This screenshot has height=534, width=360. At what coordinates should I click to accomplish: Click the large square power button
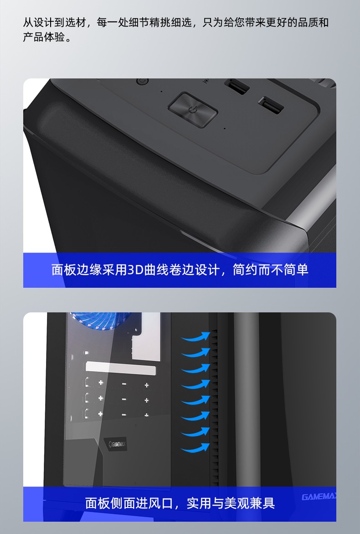tap(193, 109)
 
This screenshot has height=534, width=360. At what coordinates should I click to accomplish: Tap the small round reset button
tap(142, 81)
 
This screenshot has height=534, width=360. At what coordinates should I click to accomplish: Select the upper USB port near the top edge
tap(237, 86)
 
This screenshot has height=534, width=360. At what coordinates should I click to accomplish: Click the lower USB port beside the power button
tap(271, 105)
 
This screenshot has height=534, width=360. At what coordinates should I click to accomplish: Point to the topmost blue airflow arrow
tap(195, 337)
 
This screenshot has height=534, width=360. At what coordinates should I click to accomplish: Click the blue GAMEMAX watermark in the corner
tap(319, 497)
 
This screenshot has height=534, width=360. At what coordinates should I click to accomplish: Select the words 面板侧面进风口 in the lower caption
tap(129, 503)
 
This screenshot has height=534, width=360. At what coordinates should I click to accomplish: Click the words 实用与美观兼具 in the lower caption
tap(231, 503)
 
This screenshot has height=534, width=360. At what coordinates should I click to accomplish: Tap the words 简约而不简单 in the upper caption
tap(271, 270)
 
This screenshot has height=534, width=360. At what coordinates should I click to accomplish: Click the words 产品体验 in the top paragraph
tap(44, 37)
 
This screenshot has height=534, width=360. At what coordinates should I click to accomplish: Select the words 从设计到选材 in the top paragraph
tap(54, 22)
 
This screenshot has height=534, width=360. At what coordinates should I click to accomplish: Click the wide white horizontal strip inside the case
tap(121, 368)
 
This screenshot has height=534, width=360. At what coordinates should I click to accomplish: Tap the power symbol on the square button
tap(193, 109)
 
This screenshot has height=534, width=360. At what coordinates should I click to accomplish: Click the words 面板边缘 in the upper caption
tap(77, 270)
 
